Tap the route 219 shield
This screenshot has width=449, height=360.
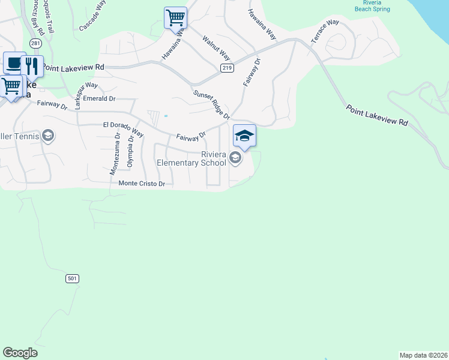(x=226, y=68)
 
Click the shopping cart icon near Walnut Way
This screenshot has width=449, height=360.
(x=175, y=17)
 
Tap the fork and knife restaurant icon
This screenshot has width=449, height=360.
(x=32, y=66)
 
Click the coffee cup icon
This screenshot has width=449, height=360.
(x=13, y=62)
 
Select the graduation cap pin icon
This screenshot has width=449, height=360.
(x=244, y=136)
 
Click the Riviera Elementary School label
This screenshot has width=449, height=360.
(x=191, y=158)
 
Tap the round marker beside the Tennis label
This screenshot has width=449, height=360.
(x=49, y=136)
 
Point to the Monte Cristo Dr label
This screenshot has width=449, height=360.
(x=142, y=184)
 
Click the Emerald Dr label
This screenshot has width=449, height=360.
(x=99, y=98)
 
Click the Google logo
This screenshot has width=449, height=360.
(x=20, y=353)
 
